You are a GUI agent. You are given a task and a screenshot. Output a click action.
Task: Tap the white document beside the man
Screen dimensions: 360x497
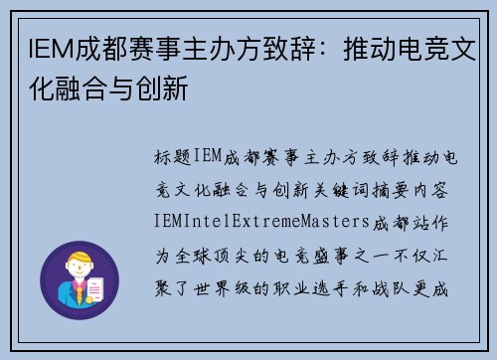tap(96, 289)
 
